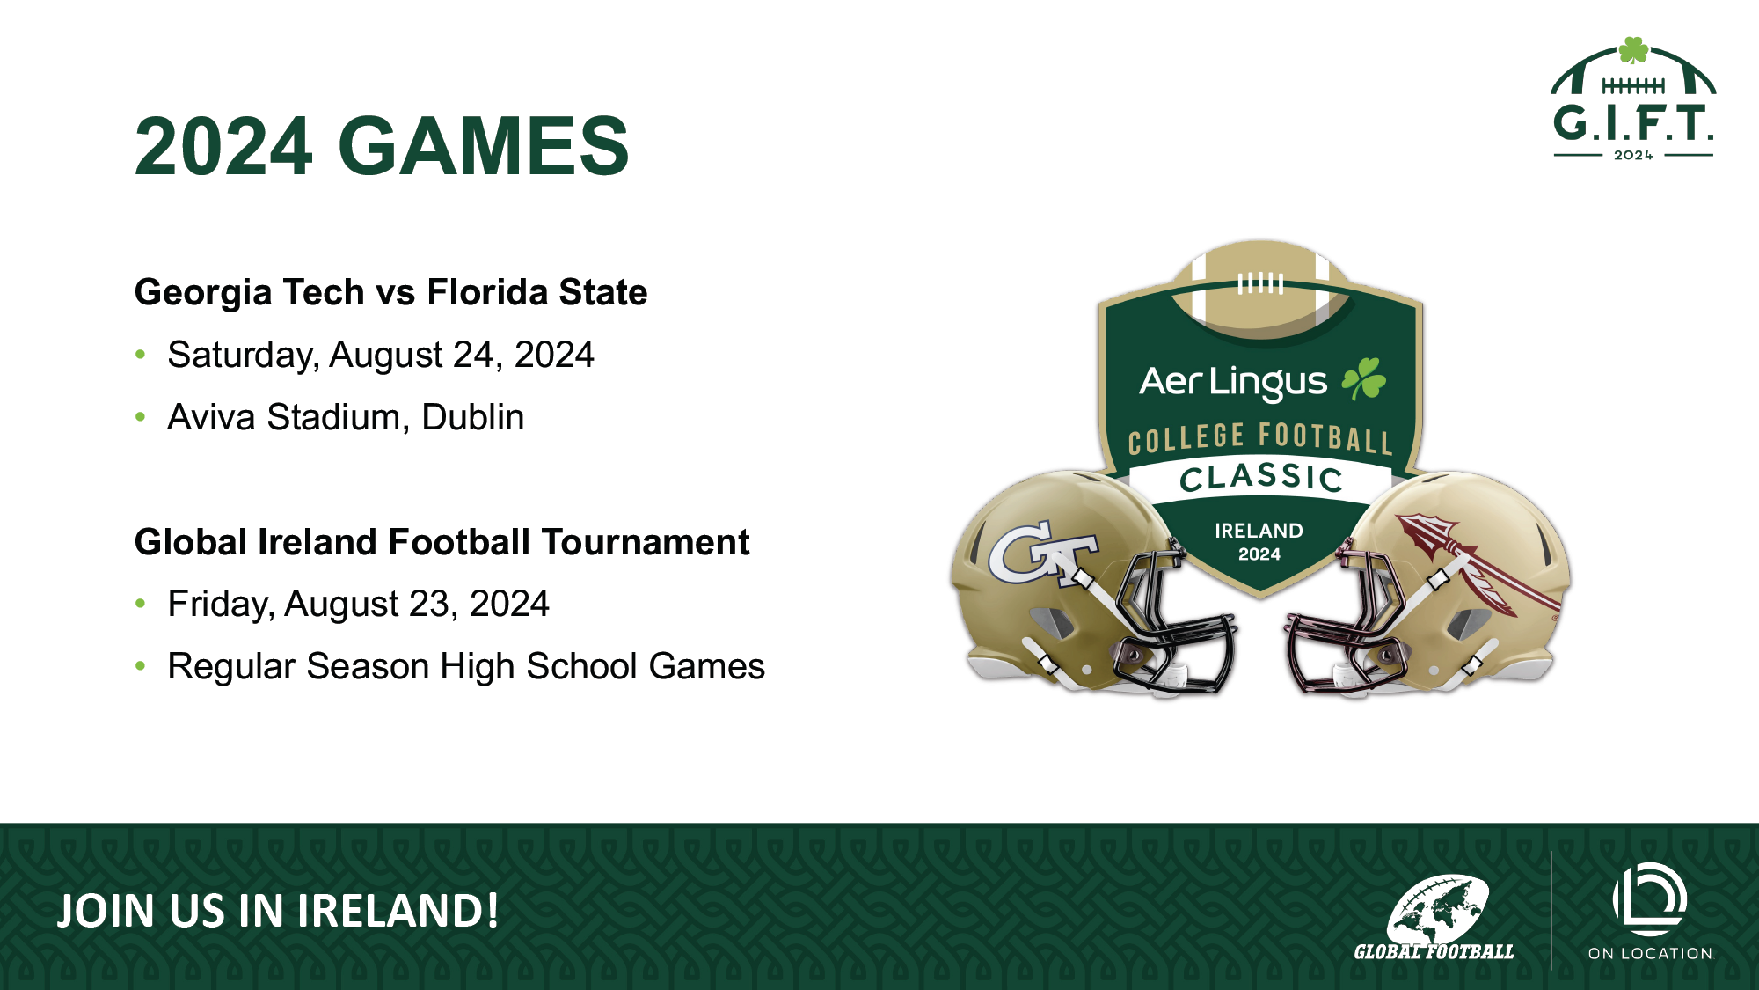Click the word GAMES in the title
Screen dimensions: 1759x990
tap(484, 146)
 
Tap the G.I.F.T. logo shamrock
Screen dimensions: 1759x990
tap(1633, 50)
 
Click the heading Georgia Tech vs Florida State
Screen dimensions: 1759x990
tap(390, 293)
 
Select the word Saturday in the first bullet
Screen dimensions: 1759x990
tap(243, 356)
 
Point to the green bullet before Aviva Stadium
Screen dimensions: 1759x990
tap(141, 416)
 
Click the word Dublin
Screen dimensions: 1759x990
tap(473, 417)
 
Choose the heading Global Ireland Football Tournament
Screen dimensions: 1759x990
tap(442, 542)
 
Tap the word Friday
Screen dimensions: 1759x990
tap(220, 605)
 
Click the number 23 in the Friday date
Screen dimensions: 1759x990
tap(434, 605)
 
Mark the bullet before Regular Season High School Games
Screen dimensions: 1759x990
tap(141, 666)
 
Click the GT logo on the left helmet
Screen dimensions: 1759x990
tap(1043, 553)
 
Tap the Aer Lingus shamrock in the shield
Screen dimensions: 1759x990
tap(1363, 378)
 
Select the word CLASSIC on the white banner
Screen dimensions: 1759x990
tap(1261, 478)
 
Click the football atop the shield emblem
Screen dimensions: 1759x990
tap(1260, 290)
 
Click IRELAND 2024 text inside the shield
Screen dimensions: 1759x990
tap(1259, 542)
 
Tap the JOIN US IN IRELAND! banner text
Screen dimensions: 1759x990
tap(278, 911)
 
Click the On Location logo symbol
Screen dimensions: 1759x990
tap(1650, 899)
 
